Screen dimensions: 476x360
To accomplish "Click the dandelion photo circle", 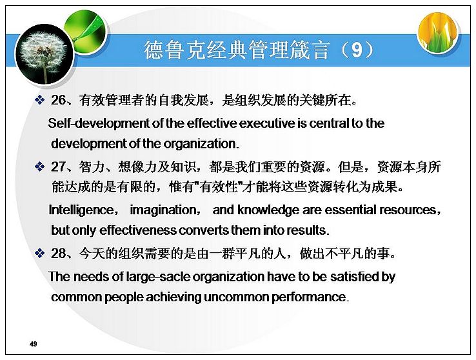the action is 45,54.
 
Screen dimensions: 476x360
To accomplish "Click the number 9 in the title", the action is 357,50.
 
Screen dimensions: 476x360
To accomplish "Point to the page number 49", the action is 34,344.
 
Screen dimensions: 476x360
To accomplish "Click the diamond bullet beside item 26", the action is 40,99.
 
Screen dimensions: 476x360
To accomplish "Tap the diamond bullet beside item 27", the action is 40,166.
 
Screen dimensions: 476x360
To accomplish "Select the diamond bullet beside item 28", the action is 40,253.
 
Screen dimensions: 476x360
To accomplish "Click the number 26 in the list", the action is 58,100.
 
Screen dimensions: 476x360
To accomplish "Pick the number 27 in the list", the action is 58,166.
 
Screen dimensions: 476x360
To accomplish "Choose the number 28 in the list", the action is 58,253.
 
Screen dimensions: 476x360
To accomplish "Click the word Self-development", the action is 99,123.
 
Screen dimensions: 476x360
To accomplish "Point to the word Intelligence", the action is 81,210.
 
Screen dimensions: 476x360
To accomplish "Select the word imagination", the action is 163,210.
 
